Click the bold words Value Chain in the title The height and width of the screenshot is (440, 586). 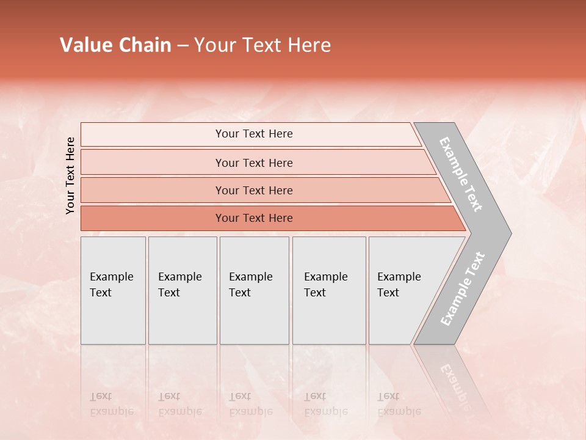tap(115, 45)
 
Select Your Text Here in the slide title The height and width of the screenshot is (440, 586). tap(262, 45)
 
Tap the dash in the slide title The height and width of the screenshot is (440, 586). tap(183, 46)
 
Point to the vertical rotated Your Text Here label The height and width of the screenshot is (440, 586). tap(70, 175)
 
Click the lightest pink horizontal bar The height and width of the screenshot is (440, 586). tap(253, 134)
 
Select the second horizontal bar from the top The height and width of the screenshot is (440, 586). tap(253, 163)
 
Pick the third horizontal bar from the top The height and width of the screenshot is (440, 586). tap(253, 190)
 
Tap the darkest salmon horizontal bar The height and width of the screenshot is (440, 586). tap(253, 218)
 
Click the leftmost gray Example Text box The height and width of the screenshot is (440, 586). tap(113, 290)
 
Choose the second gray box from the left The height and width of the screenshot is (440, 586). tap(183, 290)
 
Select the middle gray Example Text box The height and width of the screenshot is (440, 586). tap(254, 290)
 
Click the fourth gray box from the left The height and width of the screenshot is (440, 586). tap(329, 290)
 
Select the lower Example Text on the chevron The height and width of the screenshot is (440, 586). tap(463, 289)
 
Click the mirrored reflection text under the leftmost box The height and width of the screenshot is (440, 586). tap(111, 404)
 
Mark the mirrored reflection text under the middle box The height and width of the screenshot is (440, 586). tap(251, 404)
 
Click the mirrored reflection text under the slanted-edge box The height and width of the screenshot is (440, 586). tap(399, 404)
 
